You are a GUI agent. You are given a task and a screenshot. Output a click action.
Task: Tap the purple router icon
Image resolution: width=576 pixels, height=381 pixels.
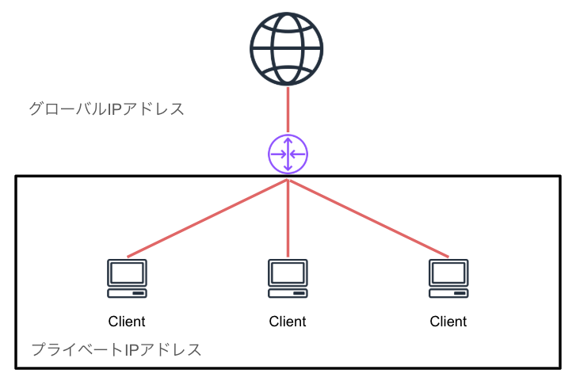288,153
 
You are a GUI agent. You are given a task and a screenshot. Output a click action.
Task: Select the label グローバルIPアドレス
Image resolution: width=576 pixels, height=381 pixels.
106,109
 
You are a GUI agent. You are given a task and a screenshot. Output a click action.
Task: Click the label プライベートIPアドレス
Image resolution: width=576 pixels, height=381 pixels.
116,349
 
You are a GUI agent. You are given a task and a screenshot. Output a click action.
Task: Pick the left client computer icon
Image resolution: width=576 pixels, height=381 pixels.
127,278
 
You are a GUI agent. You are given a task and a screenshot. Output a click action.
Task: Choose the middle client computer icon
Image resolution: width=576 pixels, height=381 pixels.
288,278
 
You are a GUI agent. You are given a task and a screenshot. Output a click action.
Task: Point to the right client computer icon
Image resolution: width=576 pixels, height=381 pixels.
448,278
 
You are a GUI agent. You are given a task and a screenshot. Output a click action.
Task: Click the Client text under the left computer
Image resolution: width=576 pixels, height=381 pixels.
127,322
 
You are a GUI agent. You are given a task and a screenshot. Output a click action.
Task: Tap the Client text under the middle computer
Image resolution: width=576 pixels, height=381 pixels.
288,322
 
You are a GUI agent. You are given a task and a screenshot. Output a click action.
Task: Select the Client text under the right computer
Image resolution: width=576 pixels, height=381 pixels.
448,322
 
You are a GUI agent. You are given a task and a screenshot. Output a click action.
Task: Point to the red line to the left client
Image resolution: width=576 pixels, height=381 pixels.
207,219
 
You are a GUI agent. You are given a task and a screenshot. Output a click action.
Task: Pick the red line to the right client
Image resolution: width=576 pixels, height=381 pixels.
368,219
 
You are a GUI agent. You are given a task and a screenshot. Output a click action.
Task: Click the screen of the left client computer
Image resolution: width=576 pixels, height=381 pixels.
127,272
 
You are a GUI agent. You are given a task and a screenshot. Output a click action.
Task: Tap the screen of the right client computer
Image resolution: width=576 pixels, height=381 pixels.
448,272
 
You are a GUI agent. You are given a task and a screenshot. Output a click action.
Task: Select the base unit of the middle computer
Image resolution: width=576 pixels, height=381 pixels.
288,293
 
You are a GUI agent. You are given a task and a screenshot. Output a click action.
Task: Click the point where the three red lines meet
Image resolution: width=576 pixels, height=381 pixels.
288,180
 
